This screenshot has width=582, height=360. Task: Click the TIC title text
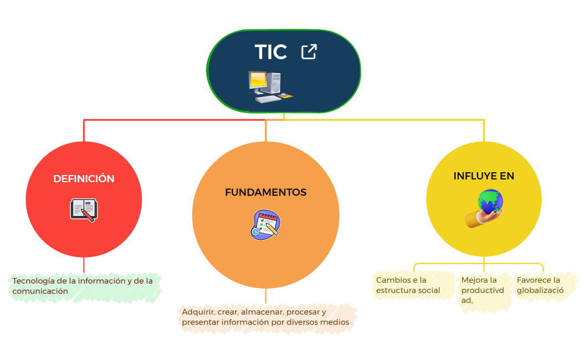coord(270,52)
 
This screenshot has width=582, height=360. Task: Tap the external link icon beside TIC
coord(309,52)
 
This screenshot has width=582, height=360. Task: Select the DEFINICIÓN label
coord(84,179)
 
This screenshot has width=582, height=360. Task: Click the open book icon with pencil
coord(84,210)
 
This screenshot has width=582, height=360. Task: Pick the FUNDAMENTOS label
coord(266,193)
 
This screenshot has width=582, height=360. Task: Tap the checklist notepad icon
coord(265,224)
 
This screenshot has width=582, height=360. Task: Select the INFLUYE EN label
coord(483,176)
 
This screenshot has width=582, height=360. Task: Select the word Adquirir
coord(195,312)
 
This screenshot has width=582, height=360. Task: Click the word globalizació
coord(540,290)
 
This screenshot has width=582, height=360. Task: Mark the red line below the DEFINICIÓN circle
coord(84,265)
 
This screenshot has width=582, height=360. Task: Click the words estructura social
coord(408,290)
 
